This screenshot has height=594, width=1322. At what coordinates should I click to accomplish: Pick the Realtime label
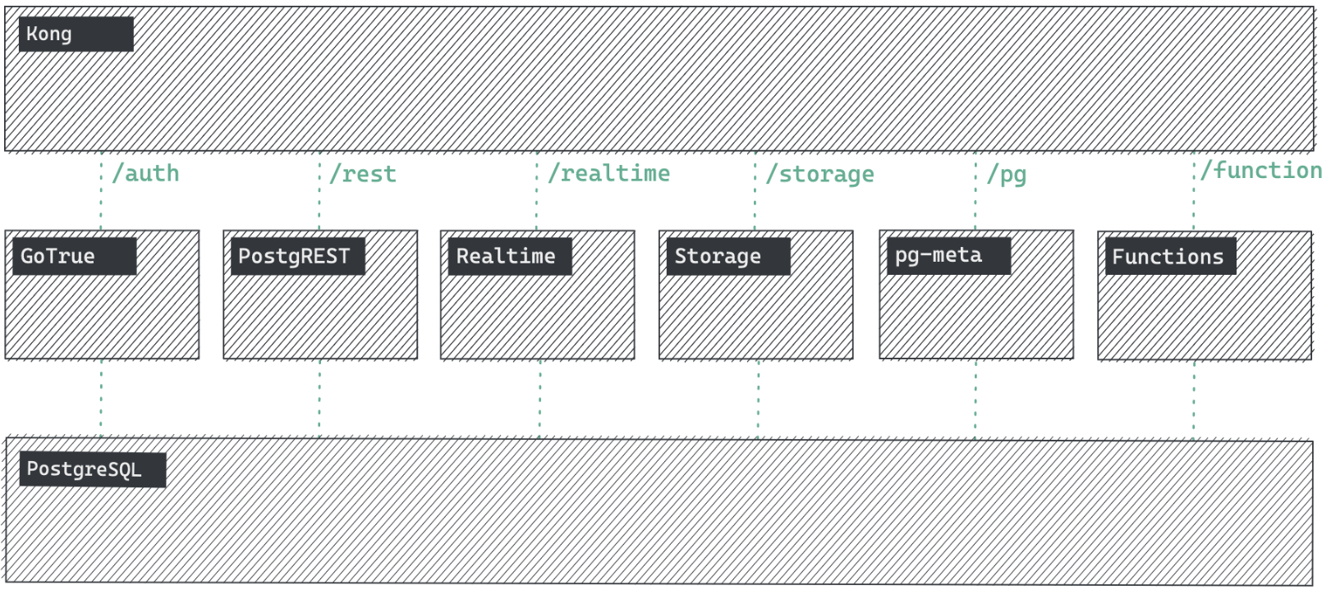tap(506, 256)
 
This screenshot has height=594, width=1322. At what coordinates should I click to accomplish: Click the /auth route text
tap(145, 174)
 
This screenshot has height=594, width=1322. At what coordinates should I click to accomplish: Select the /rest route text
tap(363, 174)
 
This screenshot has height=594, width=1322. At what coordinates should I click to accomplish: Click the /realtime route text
tap(608, 174)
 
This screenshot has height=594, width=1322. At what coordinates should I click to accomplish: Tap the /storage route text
tap(819, 174)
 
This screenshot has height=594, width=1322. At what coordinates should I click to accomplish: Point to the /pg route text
tap(1007, 174)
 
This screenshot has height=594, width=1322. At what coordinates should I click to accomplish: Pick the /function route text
tap(1260, 171)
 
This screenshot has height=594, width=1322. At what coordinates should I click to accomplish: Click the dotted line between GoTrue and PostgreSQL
tap(101, 399)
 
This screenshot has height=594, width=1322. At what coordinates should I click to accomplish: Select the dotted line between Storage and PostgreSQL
tap(758, 399)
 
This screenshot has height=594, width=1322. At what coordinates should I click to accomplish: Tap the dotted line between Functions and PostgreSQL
tap(1194, 399)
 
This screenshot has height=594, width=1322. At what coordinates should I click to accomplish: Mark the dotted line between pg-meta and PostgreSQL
tap(975, 399)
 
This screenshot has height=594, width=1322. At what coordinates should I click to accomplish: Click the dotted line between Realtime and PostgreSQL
tap(539, 399)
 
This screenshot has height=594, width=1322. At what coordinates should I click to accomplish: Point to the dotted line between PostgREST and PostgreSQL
tap(319, 399)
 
